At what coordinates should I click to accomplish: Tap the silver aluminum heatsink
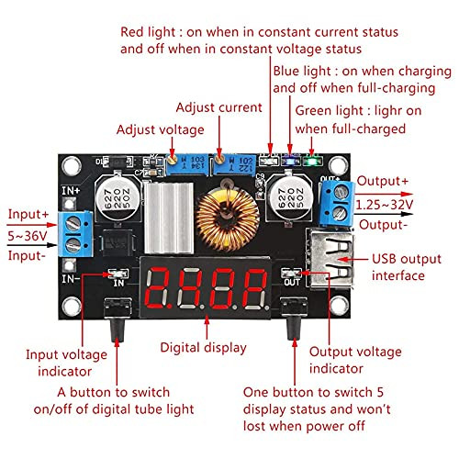point(169,218)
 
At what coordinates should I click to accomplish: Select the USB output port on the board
point(330,259)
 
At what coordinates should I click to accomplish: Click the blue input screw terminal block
point(75,233)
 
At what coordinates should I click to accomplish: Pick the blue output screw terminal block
point(337,203)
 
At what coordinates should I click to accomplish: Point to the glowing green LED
point(312,161)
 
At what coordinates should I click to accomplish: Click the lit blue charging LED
point(290,160)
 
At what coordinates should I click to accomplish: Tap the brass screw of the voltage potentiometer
point(173,159)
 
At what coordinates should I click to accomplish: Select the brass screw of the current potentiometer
point(218,159)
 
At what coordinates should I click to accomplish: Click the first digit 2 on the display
point(158,287)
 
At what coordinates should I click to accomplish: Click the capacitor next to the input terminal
point(118,198)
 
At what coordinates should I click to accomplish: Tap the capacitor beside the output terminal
point(288,198)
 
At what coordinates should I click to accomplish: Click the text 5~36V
point(28,236)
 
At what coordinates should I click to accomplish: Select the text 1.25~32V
point(385,205)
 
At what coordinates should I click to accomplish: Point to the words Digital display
point(203,348)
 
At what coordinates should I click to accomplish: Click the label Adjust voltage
point(160,129)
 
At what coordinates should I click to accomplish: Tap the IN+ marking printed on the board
point(71,191)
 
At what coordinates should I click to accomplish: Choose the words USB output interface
point(407,267)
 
